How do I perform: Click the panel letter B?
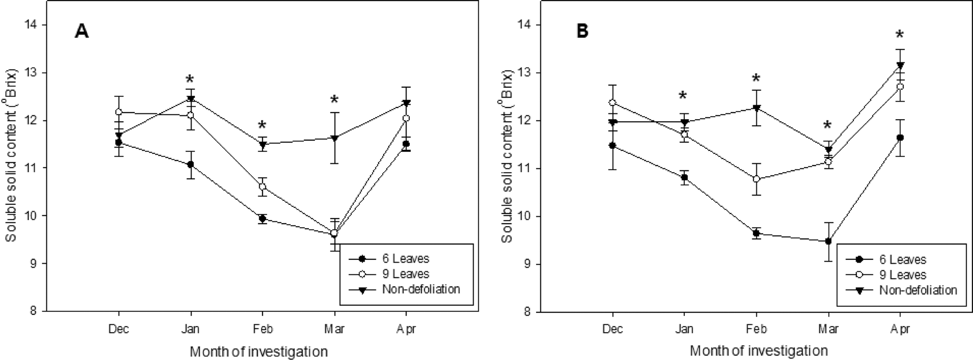[x=582, y=31]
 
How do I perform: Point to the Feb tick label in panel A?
[x=262, y=329]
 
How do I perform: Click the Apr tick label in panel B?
[x=900, y=329]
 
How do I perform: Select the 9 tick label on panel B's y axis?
[x=527, y=264]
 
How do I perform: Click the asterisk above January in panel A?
[x=190, y=80]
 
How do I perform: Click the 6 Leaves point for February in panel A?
[x=262, y=219]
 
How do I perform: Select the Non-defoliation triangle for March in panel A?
[x=334, y=138]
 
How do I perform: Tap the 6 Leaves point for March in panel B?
[x=828, y=241]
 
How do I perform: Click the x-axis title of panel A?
[x=259, y=352]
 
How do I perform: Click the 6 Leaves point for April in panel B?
[x=900, y=137]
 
